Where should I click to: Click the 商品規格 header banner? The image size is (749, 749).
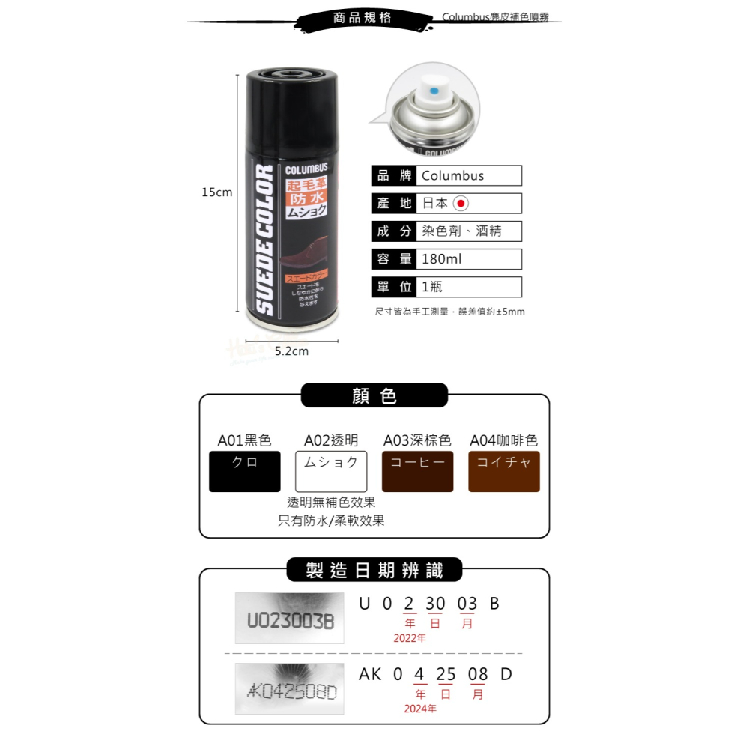[x=363, y=18]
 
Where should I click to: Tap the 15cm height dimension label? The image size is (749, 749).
[x=216, y=192]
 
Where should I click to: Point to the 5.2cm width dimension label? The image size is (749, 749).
[x=291, y=351]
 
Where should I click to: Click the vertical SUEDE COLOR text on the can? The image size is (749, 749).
[x=264, y=240]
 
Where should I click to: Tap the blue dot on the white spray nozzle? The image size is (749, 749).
[x=432, y=91]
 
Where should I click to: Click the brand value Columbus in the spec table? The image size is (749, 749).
[x=453, y=176]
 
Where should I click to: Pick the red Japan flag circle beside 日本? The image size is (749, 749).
[x=461, y=203]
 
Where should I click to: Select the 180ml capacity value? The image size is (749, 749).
[x=442, y=259]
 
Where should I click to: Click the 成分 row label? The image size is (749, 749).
[x=394, y=231]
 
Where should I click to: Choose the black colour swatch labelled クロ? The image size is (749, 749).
[x=245, y=471]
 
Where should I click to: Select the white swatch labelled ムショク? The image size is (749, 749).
[x=331, y=471]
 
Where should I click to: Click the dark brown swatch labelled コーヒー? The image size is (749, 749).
[x=417, y=471]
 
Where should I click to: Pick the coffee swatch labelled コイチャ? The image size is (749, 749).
[x=504, y=471]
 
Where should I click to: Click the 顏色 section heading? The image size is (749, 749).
[x=374, y=396]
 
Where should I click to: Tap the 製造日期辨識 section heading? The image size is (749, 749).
[x=374, y=571]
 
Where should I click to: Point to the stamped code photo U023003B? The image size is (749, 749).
[x=290, y=618]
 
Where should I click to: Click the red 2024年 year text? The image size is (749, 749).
[x=419, y=709]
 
